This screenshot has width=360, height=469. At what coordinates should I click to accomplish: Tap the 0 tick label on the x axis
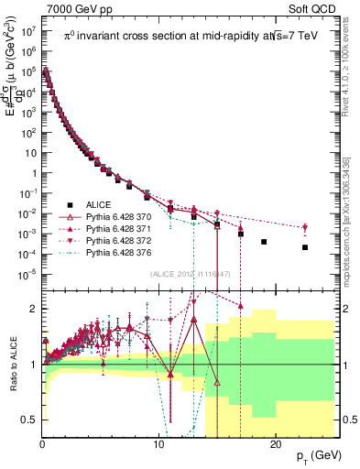(43, 444)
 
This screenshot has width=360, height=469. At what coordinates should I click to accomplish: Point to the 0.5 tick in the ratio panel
(31, 420)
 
